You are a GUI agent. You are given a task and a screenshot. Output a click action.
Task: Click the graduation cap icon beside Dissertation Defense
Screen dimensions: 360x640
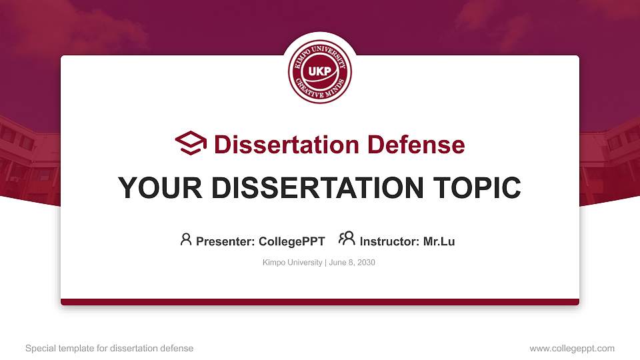(x=191, y=143)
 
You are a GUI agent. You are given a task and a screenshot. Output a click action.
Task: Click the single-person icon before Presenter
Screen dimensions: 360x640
(x=186, y=239)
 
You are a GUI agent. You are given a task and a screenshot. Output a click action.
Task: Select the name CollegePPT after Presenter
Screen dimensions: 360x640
(x=291, y=241)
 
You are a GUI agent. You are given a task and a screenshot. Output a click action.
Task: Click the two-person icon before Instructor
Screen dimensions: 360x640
(x=347, y=239)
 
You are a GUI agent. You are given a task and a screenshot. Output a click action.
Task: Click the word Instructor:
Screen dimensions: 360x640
(x=389, y=241)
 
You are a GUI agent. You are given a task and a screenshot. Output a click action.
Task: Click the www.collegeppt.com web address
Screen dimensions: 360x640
(x=572, y=348)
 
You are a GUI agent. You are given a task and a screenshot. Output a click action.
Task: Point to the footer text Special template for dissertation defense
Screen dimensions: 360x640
(x=109, y=348)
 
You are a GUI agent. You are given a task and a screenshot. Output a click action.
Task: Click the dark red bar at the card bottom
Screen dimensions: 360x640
(x=320, y=302)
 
